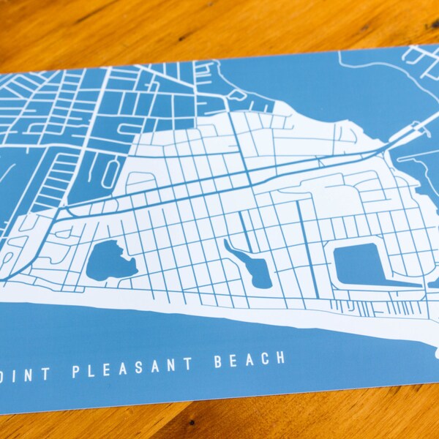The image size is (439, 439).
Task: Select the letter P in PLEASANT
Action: (x=75, y=370)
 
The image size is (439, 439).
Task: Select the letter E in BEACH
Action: (x=233, y=361)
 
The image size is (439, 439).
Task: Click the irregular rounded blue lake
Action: (x=109, y=260)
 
